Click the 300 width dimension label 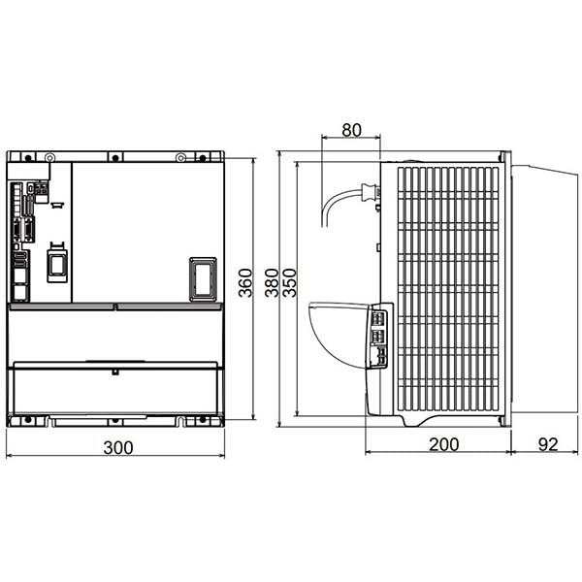115,447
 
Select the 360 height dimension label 245,281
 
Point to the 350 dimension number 288,282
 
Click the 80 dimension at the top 351,130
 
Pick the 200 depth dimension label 442,445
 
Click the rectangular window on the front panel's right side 202,276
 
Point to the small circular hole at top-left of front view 51,158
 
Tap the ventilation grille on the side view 448,286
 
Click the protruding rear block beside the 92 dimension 542,287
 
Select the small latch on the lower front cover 114,370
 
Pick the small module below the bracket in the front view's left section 56,263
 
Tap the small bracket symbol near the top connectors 57,205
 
